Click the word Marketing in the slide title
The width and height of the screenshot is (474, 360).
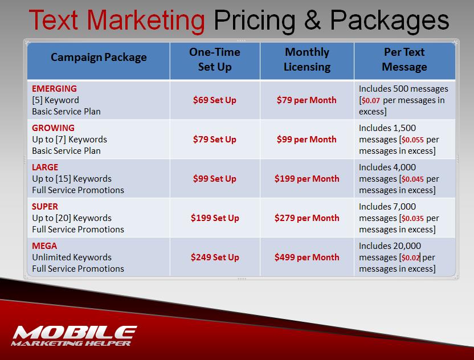[x=146, y=21]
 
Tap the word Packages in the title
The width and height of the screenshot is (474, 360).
[x=389, y=21]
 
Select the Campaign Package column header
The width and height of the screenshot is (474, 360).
[x=99, y=58]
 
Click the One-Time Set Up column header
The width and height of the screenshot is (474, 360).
[x=215, y=60]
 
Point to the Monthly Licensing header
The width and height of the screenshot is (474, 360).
[x=307, y=60]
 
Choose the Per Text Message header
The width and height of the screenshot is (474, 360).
[x=404, y=60]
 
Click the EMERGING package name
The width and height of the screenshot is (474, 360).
[x=55, y=89]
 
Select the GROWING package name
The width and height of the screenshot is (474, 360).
[x=53, y=128]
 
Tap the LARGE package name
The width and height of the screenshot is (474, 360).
[x=45, y=167]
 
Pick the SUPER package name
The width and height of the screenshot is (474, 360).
[x=45, y=207]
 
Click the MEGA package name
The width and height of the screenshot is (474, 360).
[x=44, y=246]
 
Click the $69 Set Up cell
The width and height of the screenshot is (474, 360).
[x=215, y=100]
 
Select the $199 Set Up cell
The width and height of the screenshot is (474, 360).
[x=215, y=218]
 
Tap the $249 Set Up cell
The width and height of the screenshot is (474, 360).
[x=215, y=257]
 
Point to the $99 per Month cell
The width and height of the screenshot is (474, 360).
[x=307, y=140]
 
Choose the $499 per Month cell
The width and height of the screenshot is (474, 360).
[x=307, y=257]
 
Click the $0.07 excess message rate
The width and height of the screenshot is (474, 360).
[x=371, y=100]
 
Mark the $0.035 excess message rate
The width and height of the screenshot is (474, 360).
[x=412, y=218]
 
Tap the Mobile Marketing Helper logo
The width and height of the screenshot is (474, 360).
[x=74, y=336]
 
